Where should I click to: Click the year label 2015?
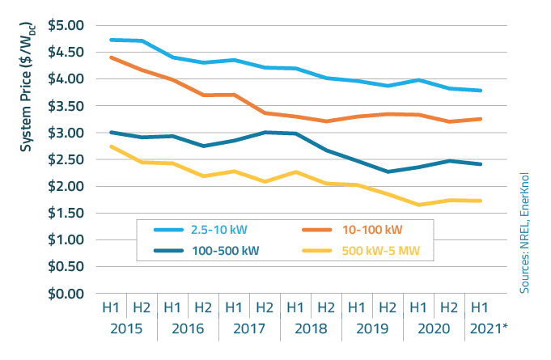pos(125,330)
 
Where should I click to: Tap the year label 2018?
pos(310,330)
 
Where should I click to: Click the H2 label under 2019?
pos(387,307)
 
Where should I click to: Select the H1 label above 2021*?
pos(479,307)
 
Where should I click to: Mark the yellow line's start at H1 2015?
pos(111,146)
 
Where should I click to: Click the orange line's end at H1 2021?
pos(479,119)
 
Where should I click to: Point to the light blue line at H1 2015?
pos(111,40)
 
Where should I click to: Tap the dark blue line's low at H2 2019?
pos(387,172)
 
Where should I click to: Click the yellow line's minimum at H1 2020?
pos(418,205)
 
